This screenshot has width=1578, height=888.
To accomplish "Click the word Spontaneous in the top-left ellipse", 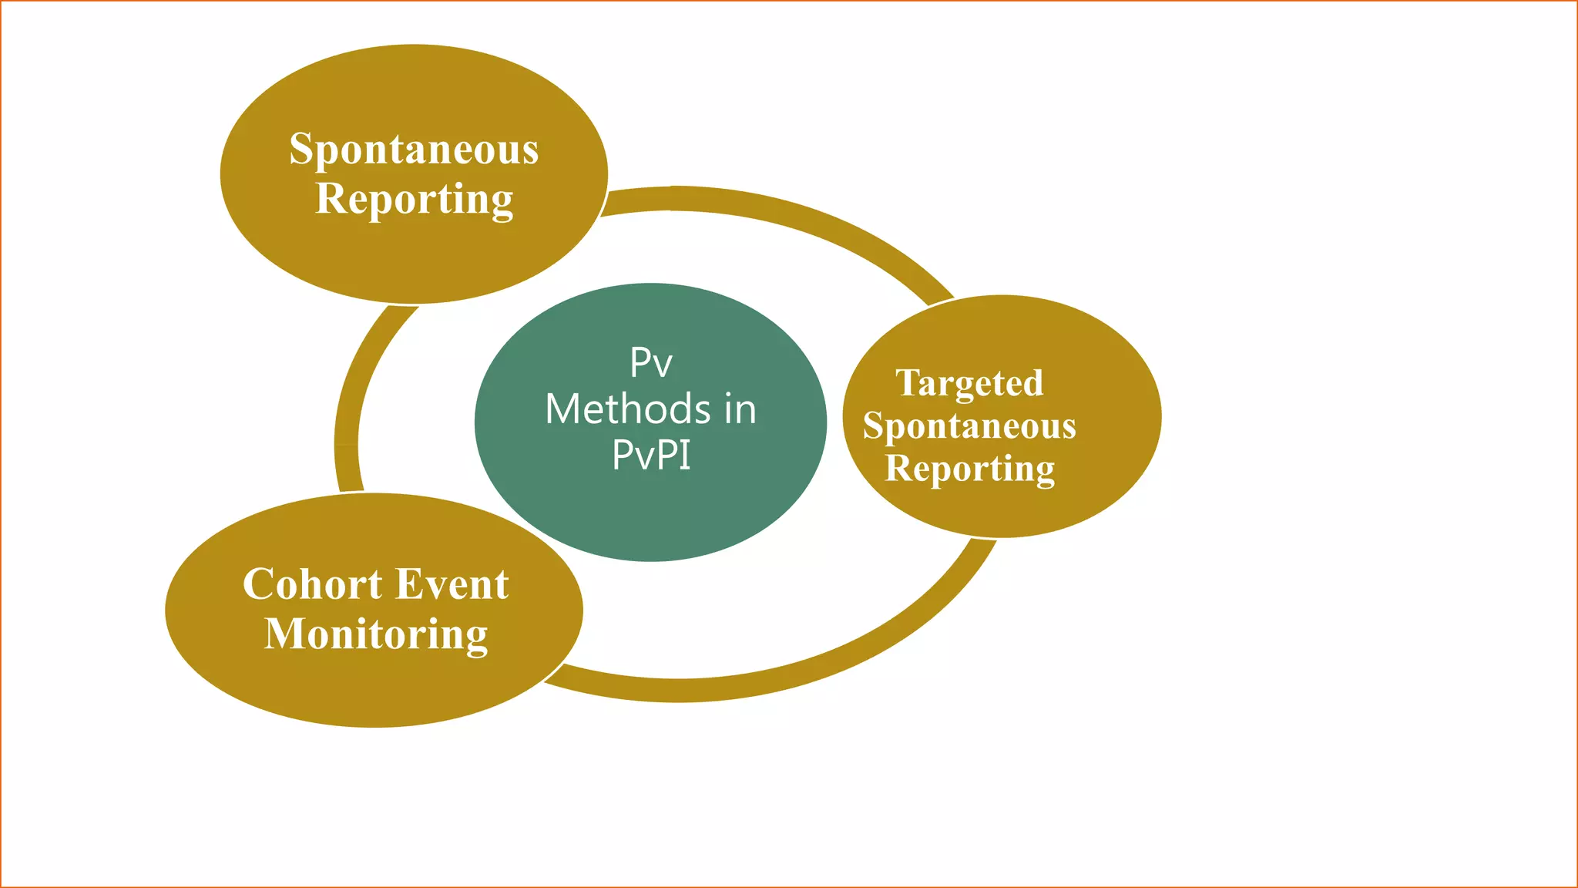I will [x=414, y=150].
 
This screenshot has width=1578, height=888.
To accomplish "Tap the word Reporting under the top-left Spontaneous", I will [x=414, y=200].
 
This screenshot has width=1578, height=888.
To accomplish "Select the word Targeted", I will [x=969, y=384].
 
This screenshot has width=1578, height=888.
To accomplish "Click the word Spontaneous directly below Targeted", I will [x=969, y=426].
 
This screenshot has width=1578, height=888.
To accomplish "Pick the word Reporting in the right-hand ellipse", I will [x=969, y=469].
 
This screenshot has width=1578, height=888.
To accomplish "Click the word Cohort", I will [x=312, y=584].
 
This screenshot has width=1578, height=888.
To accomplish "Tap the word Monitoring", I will [x=376, y=634].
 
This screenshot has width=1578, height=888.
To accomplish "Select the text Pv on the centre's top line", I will [x=651, y=362].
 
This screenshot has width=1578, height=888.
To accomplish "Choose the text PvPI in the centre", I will [x=651, y=455].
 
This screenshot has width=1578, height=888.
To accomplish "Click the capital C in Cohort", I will [x=260, y=584].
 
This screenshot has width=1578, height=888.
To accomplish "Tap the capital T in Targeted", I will [x=909, y=382].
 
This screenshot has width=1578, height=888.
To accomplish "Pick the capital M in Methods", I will [x=562, y=409].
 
